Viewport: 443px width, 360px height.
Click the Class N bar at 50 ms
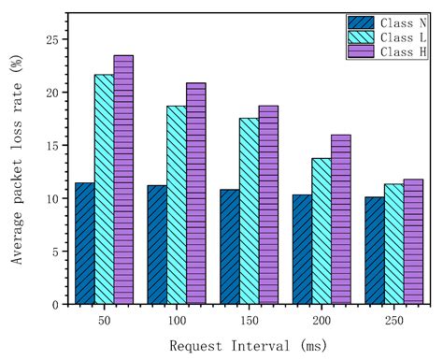(85, 243)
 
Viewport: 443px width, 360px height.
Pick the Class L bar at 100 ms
(177, 205)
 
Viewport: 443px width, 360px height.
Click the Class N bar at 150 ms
(230, 247)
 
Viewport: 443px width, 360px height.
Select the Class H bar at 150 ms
(268, 205)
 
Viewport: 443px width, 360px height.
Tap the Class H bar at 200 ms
(340, 220)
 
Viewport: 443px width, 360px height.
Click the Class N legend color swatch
(361, 22)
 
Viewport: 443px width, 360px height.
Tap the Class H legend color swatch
(361, 52)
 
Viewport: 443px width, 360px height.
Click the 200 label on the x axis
(322, 320)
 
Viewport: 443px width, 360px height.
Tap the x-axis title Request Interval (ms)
(249, 345)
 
